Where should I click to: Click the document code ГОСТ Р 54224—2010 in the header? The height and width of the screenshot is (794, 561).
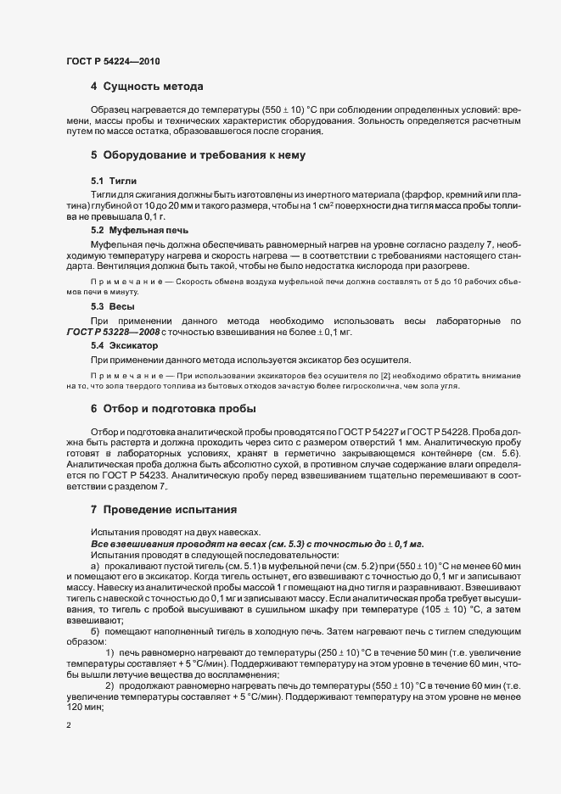coord(112,62)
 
